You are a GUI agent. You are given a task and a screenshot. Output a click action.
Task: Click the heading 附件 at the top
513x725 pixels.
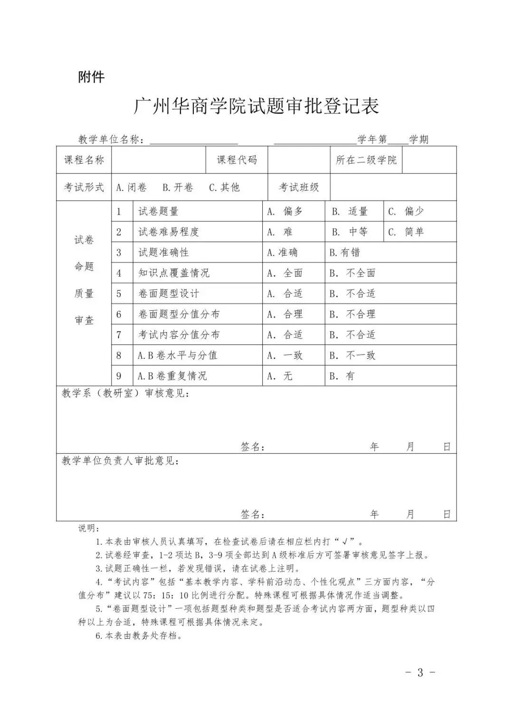[x=91, y=77]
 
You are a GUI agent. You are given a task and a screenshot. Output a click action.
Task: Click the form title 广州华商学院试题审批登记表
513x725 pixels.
[x=256, y=107]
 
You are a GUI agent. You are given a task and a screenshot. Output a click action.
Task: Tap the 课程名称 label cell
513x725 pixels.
[x=84, y=160]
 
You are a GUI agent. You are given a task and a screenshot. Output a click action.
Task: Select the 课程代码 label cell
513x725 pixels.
[x=237, y=160]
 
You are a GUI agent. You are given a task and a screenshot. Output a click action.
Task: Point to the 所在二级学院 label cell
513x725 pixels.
[x=366, y=160]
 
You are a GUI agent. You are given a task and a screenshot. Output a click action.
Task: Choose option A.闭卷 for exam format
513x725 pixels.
[x=132, y=187]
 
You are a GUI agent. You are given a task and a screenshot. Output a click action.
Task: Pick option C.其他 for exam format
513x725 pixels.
[x=225, y=187]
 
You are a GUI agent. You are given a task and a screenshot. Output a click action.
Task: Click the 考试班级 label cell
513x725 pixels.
[x=299, y=187]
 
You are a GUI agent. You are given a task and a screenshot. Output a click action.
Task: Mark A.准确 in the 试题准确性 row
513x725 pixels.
[x=283, y=252]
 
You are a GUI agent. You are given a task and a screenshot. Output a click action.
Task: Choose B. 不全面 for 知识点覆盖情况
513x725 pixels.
[x=353, y=273]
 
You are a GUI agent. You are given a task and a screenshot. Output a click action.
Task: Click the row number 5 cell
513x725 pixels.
[x=119, y=294]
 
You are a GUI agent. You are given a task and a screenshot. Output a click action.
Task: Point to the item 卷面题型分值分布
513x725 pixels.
[x=179, y=314]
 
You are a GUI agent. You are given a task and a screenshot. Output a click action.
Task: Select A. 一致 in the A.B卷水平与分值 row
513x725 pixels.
[x=285, y=355]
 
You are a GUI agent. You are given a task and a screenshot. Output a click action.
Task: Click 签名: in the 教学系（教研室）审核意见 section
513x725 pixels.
[x=253, y=447]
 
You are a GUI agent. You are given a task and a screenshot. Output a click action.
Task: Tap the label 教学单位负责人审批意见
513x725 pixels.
[x=121, y=461]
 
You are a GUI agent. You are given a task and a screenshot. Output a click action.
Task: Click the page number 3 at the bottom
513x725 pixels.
[x=420, y=672]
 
